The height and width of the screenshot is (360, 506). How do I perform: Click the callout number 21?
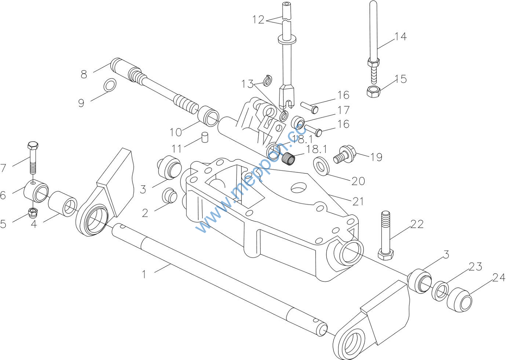(x=358, y=201)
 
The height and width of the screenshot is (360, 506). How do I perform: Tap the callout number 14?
(x=400, y=37)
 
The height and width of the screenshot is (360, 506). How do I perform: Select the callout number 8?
(x=84, y=74)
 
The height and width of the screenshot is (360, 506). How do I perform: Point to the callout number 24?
(x=499, y=277)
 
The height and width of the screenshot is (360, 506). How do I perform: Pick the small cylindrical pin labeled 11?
(x=205, y=137)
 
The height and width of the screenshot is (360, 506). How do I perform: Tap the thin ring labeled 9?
(x=110, y=85)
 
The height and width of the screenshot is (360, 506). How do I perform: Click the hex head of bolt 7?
(x=33, y=145)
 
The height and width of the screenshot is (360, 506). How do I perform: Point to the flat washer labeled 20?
(x=321, y=166)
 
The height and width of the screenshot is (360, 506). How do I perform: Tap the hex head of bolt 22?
(x=386, y=255)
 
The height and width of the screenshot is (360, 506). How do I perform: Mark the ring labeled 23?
(x=440, y=291)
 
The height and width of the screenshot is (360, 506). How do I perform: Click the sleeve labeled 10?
(x=208, y=116)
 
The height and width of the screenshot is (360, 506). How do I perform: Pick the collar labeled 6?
(x=36, y=191)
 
